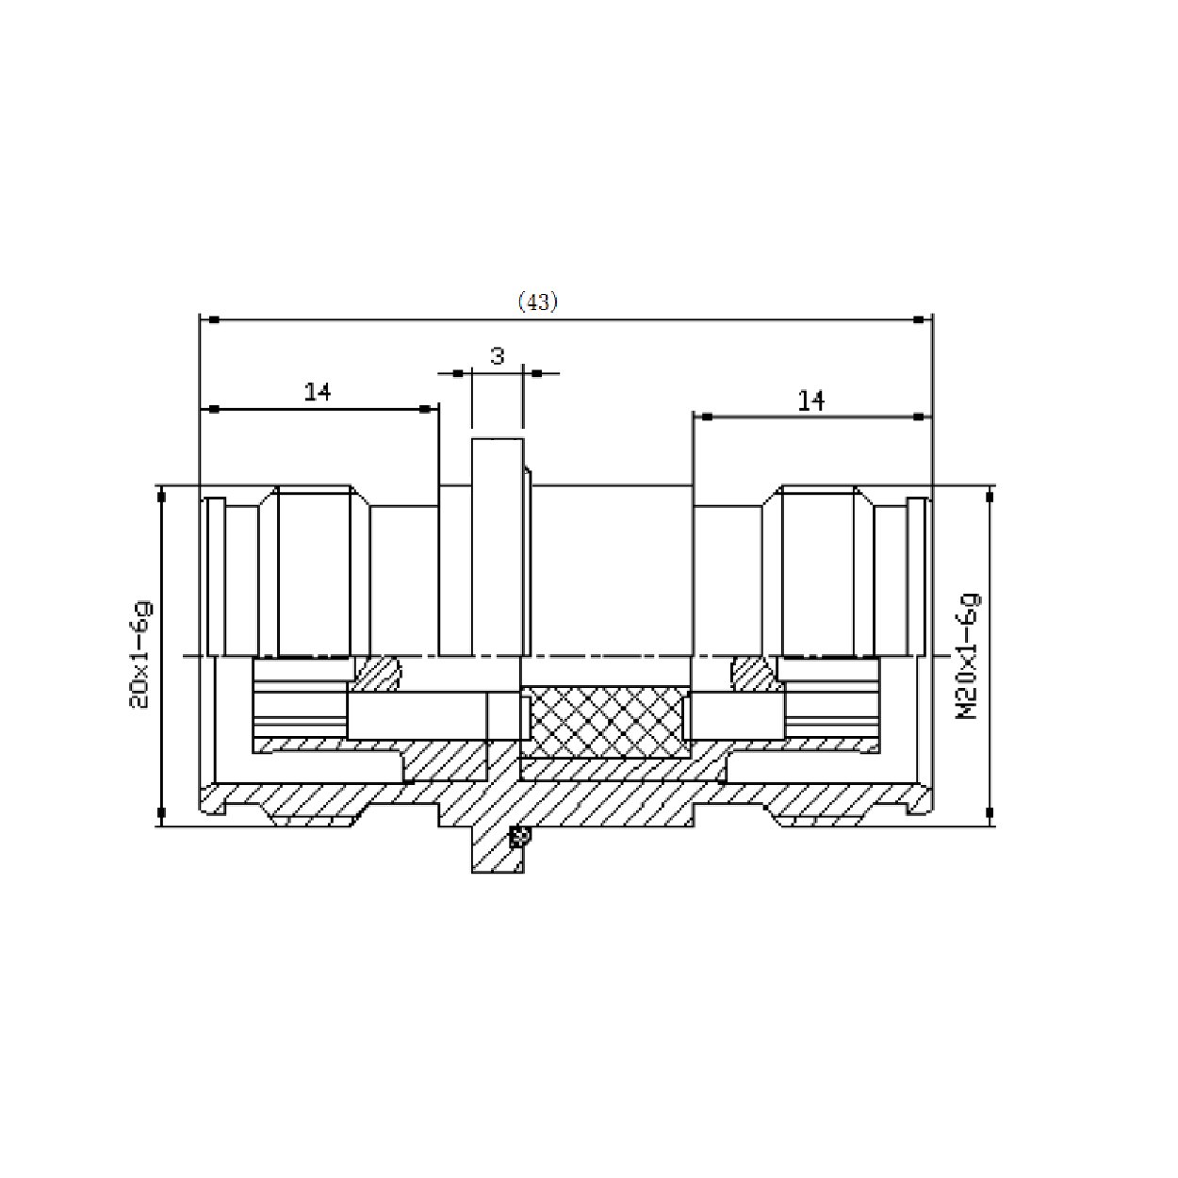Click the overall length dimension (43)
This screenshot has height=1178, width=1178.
[x=538, y=302]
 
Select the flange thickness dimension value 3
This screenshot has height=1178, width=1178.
[x=497, y=355]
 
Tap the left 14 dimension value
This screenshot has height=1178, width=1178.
[x=318, y=391]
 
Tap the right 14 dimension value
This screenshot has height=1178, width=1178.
[x=810, y=401]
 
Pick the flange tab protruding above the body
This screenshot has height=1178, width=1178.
[x=497, y=462]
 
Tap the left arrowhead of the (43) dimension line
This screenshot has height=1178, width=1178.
[x=214, y=320]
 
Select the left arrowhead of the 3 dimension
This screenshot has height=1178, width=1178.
[x=458, y=373]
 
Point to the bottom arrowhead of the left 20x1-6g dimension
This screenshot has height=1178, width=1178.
[x=161, y=811]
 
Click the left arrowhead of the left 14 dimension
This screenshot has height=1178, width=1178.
[x=214, y=408]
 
